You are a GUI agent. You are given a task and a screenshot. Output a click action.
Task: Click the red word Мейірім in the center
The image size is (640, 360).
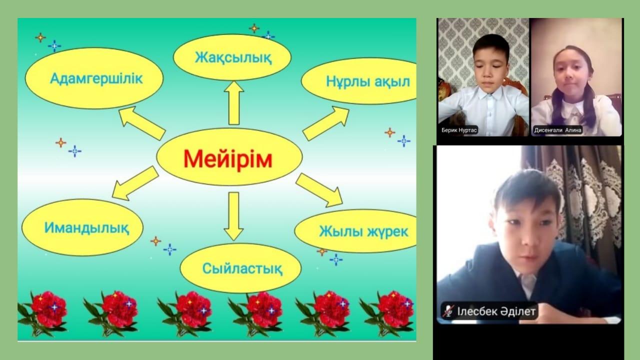click(x=227, y=159)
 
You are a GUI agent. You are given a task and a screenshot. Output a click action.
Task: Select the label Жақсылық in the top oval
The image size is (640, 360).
click(x=233, y=57)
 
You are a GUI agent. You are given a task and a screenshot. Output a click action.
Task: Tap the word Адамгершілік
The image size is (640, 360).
click(x=96, y=78)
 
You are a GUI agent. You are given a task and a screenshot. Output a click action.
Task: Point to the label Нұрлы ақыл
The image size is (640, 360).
click(x=368, y=81)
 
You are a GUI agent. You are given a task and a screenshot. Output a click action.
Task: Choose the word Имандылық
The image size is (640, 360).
click(x=86, y=228)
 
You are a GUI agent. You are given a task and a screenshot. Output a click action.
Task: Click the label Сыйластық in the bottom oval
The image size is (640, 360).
click(x=242, y=268)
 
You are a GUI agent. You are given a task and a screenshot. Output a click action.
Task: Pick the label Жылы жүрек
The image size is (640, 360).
click(x=363, y=231)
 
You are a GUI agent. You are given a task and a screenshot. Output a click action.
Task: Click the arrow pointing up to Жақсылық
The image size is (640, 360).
click(x=233, y=103)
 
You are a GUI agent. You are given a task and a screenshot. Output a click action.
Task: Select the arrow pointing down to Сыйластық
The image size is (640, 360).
click(x=233, y=216)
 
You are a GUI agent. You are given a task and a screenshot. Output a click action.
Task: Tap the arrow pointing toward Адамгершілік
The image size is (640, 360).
click(x=141, y=123)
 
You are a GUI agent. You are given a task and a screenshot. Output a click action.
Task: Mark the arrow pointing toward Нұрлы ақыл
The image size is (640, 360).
click(x=326, y=123)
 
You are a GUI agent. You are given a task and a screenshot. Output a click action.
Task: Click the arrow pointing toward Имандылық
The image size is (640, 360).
click(x=135, y=183)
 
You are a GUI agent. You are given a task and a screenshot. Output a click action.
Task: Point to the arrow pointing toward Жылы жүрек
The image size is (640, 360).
click(x=319, y=190)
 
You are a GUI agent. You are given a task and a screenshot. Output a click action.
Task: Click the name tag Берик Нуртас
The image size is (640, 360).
click(x=459, y=130)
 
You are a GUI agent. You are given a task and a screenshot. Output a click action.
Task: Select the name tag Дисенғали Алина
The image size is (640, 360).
click(x=557, y=130)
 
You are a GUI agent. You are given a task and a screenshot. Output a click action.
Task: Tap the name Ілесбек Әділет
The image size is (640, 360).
click(x=496, y=311)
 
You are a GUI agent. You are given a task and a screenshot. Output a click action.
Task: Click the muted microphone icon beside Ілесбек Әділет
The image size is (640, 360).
click(x=448, y=311)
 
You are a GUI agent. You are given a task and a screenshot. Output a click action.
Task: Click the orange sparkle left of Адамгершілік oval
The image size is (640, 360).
click(x=40, y=37)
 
